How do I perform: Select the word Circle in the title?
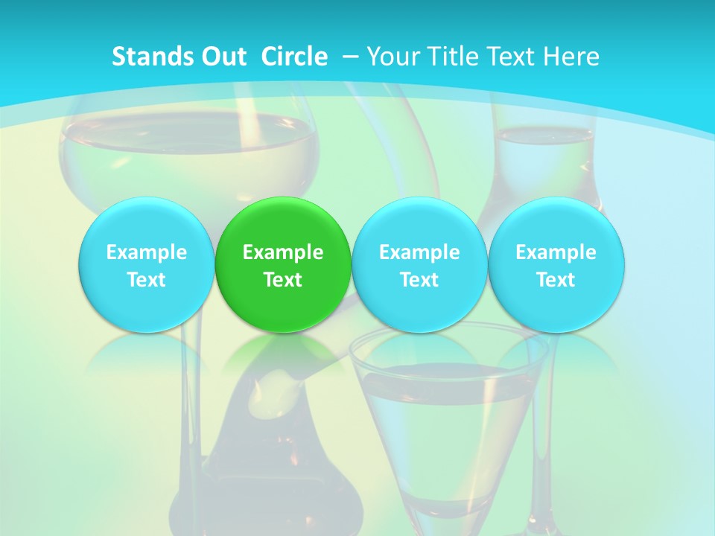[x=294, y=57]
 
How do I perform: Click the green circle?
[x=283, y=264]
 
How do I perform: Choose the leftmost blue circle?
[x=146, y=264]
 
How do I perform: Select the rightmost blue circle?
[x=556, y=264]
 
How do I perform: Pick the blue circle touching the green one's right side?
[x=419, y=264]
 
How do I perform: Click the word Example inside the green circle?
[x=283, y=252]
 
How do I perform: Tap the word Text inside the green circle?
[x=283, y=280]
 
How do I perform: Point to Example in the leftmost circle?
[x=146, y=252]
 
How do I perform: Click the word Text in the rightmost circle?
[x=556, y=280]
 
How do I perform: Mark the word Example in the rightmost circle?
[x=556, y=252]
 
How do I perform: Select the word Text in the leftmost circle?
[x=146, y=280]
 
